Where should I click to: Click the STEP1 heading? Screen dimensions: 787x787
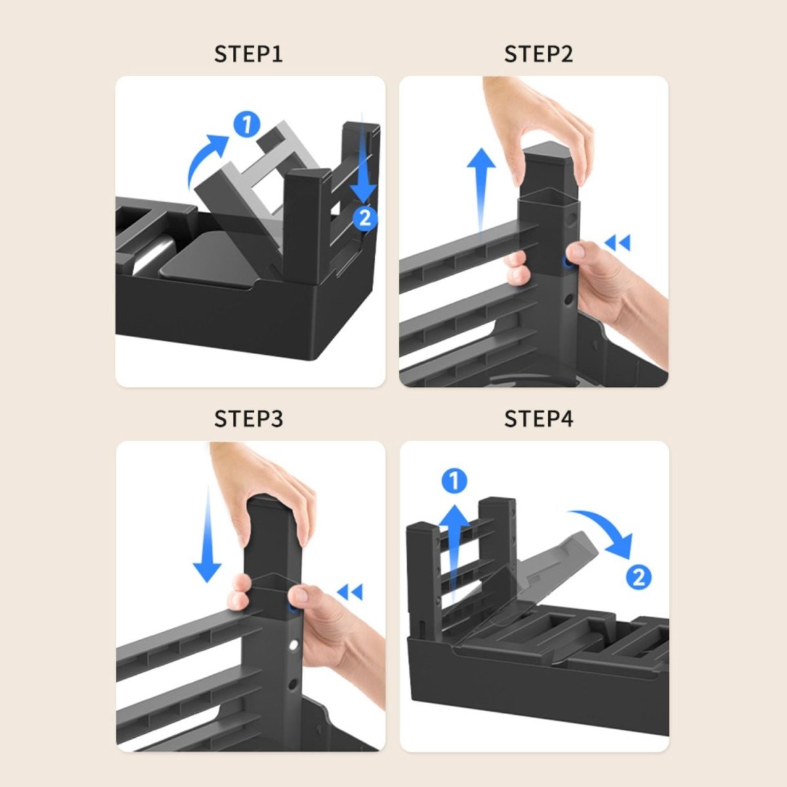[249, 54]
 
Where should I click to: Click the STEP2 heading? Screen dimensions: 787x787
[538, 54]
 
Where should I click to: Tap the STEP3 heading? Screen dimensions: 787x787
[249, 418]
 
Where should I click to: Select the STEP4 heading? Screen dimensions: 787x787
[538, 418]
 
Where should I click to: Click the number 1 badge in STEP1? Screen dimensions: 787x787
[247, 125]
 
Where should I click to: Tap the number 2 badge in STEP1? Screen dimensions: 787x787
[364, 218]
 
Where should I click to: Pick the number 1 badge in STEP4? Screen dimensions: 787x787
[454, 481]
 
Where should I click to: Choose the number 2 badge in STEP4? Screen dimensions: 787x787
[639, 577]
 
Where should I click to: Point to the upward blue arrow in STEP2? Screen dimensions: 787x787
[481, 192]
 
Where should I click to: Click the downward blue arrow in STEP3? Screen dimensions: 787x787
[207, 535]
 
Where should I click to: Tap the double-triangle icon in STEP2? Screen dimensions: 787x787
[618, 243]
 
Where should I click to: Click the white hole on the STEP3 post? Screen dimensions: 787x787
[293, 645]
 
